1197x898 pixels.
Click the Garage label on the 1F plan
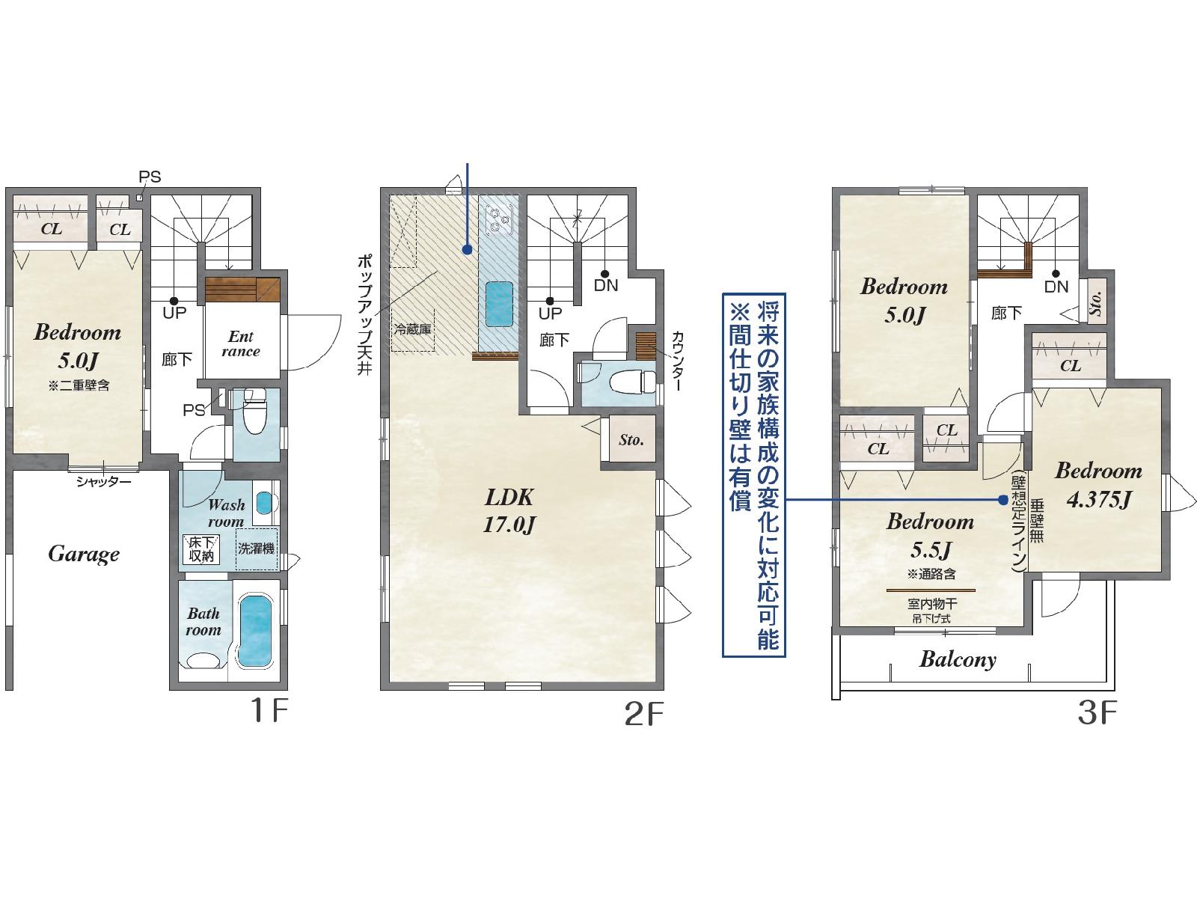[x=84, y=555]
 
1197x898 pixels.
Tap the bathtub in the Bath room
[x=256, y=631]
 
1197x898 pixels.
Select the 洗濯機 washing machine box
[x=257, y=549]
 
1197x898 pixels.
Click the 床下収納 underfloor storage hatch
[x=200, y=549]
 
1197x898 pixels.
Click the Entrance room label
[x=241, y=343]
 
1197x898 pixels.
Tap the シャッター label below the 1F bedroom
[x=103, y=481]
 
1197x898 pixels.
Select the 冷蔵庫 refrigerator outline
[x=413, y=331]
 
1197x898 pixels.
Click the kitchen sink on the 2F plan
[x=499, y=305]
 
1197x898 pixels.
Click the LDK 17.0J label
[x=509, y=510]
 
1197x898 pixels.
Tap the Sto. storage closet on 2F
[x=631, y=439]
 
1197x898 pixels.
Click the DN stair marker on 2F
[x=605, y=281]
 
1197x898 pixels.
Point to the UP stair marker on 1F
[x=174, y=308]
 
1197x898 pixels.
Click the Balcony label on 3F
[x=958, y=660]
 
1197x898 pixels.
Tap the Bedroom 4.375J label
[x=1098, y=485]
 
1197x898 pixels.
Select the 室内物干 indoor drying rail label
[x=932, y=604]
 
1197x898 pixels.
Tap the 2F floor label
[x=643, y=714]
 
